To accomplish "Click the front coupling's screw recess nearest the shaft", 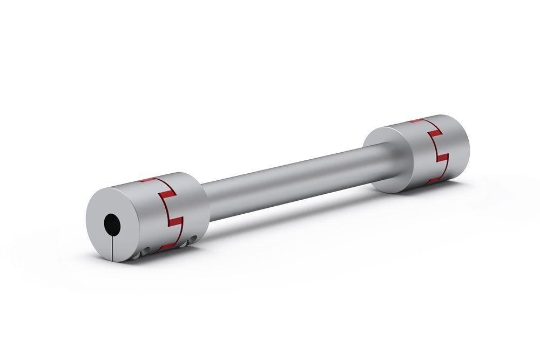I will tap(184, 243).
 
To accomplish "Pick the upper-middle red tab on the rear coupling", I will tap(435, 132).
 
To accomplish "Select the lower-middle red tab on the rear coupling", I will tap(442, 158).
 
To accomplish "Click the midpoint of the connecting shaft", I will tap(294, 178).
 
